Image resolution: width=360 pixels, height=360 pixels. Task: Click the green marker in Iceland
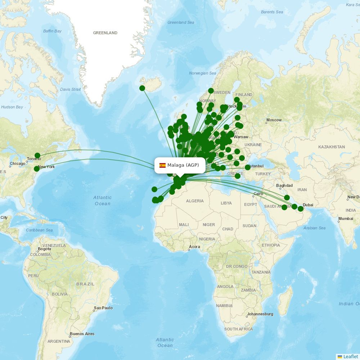coord(142,88)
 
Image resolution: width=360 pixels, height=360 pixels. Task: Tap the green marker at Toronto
coord(37,156)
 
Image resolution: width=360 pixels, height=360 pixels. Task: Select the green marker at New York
coord(36,169)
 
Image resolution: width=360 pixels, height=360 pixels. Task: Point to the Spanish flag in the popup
coord(162,165)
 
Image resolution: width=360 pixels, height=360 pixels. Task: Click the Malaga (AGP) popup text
coord(183,165)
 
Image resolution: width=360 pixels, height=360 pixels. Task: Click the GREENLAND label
coord(105,33)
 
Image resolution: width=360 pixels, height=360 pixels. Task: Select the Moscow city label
coord(274,120)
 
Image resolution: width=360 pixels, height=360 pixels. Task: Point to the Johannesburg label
coord(260,314)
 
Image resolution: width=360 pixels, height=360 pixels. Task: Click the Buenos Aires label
coord(82,334)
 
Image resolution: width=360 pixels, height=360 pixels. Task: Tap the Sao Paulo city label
coord(103,308)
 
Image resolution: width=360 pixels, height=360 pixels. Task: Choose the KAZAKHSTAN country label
coord(331,147)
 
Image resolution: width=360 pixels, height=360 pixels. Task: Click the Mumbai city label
coord(346,219)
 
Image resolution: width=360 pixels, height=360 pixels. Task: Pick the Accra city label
coord(194,247)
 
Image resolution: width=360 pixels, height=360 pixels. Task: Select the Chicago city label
coord(18,163)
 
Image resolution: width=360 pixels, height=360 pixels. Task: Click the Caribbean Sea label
coord(39,230)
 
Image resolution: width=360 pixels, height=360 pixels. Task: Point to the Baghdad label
coord(284,186)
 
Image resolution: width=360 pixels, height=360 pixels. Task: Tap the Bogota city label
coord(44,249)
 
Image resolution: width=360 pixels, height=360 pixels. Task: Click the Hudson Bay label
coord(12,107)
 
